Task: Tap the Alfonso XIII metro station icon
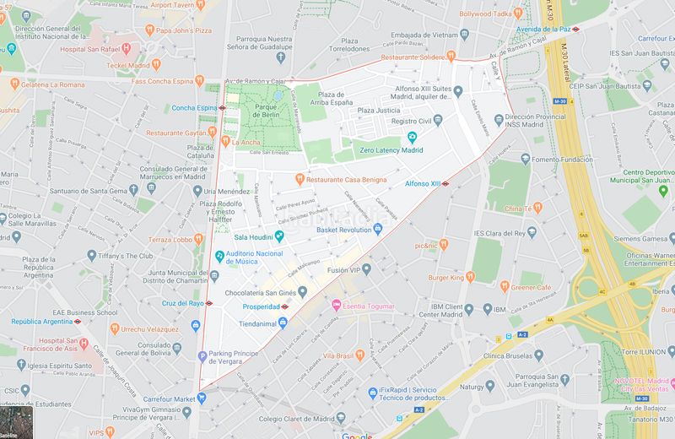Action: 445,183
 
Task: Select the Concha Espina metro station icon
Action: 222,108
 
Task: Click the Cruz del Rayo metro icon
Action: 209,303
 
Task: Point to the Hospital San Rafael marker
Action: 126,49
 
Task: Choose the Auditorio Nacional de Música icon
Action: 219,255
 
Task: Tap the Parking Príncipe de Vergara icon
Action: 202,355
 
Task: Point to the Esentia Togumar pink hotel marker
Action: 336,304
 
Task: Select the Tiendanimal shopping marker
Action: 283,322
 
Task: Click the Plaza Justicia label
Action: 378,111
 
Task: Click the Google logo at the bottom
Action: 357,434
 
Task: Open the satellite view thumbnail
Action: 13,425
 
